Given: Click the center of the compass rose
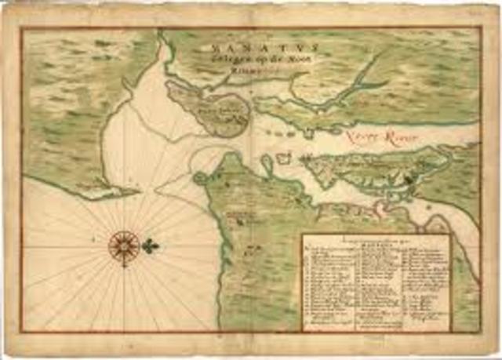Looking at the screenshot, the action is pos(123,245).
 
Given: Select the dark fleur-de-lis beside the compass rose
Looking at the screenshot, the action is pos(150,245).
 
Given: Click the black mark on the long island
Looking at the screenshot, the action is pos(411,181).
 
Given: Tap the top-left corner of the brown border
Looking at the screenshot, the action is pos(22,28).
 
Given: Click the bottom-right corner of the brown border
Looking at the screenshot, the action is pos(479,333).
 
